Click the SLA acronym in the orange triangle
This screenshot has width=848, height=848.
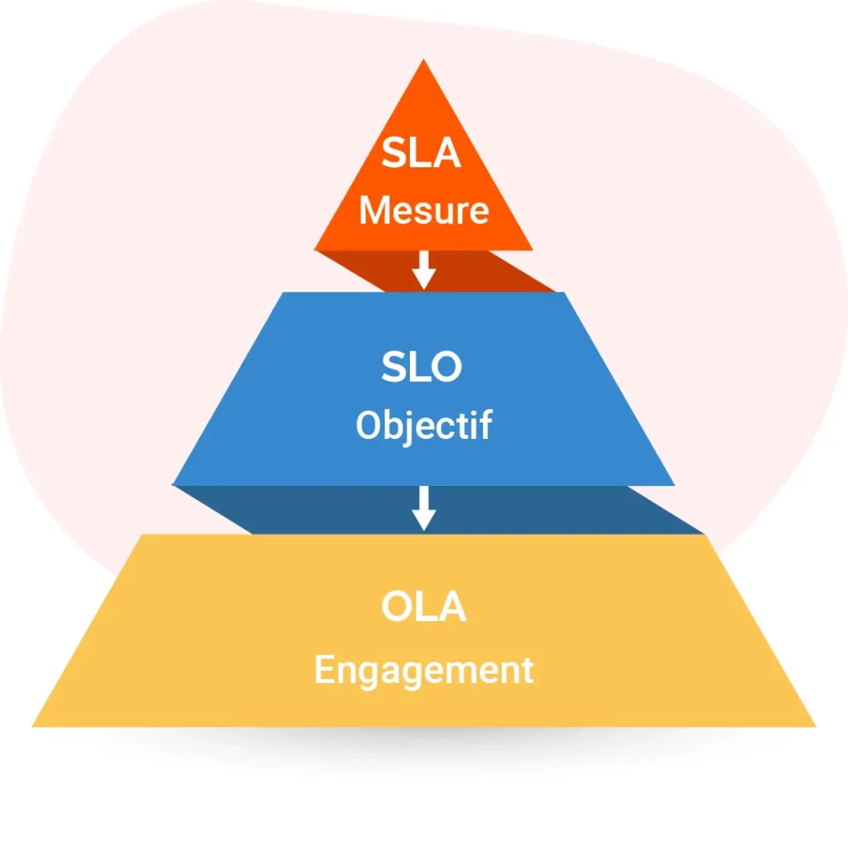(x=423, y=155)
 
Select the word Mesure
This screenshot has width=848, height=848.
(x=423, y=210)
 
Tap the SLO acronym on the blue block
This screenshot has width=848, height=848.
(x=422, y=367)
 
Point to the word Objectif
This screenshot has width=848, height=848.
(x=423, y=426)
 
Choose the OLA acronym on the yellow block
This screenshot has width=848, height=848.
(x=423, y=607)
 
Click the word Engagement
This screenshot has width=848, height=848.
(x=423, y=669)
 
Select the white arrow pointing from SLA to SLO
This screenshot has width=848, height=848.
(x=424, y=269)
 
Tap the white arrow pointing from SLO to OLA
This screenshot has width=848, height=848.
(x=423, y=507)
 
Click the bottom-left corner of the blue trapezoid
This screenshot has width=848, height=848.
(x=174, y=484)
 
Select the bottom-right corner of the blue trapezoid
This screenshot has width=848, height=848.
(x=673, y=484)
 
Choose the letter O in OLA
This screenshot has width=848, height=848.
(x=397, y=607)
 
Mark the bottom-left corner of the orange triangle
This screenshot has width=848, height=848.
(x=316, y=248)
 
